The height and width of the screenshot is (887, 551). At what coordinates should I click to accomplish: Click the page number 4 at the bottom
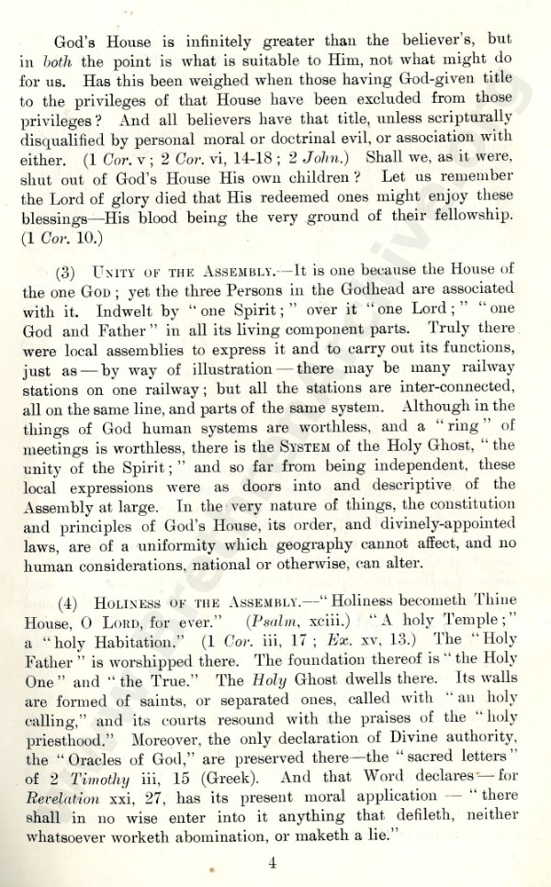[274, 862]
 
